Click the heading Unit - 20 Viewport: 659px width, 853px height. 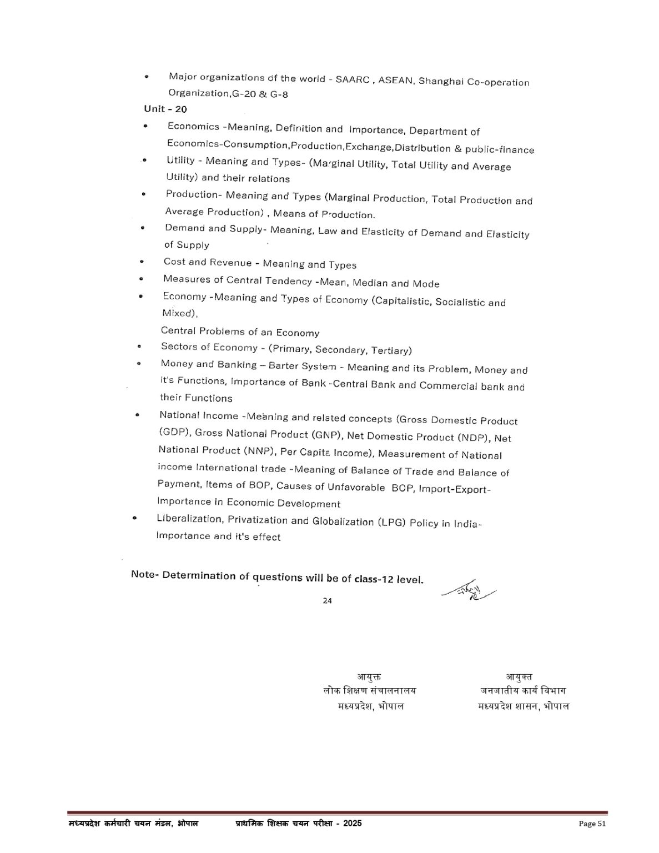tap(165, 109)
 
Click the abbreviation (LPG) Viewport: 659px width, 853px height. tap(391, 523)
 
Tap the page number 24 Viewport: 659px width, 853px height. tap(327, 600)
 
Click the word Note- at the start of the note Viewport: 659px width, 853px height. tap(145, 574)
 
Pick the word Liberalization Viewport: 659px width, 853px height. tap(188, 519)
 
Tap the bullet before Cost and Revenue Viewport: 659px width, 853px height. tap(142, 262)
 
